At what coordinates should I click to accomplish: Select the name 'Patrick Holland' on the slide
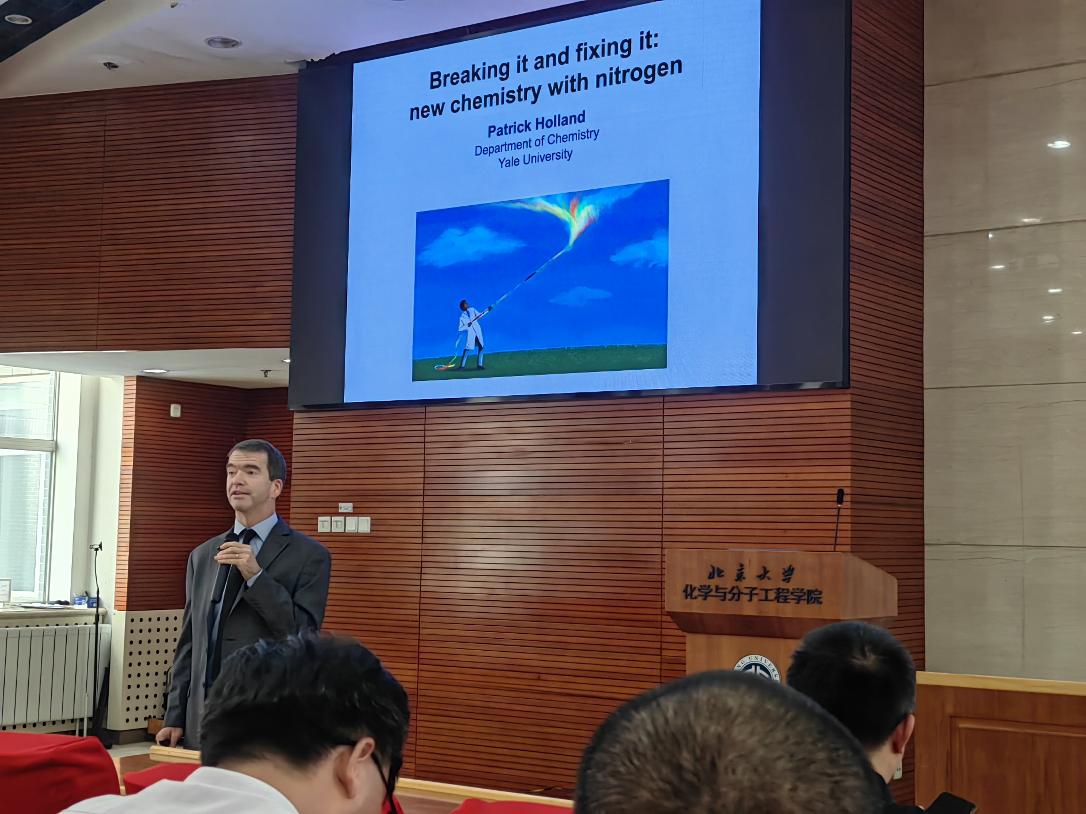pos(536,124)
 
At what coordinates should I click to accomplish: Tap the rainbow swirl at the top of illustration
pos(565,216)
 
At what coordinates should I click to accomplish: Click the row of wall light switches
pos(344,524)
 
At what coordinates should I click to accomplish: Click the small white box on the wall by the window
pos(175,410)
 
